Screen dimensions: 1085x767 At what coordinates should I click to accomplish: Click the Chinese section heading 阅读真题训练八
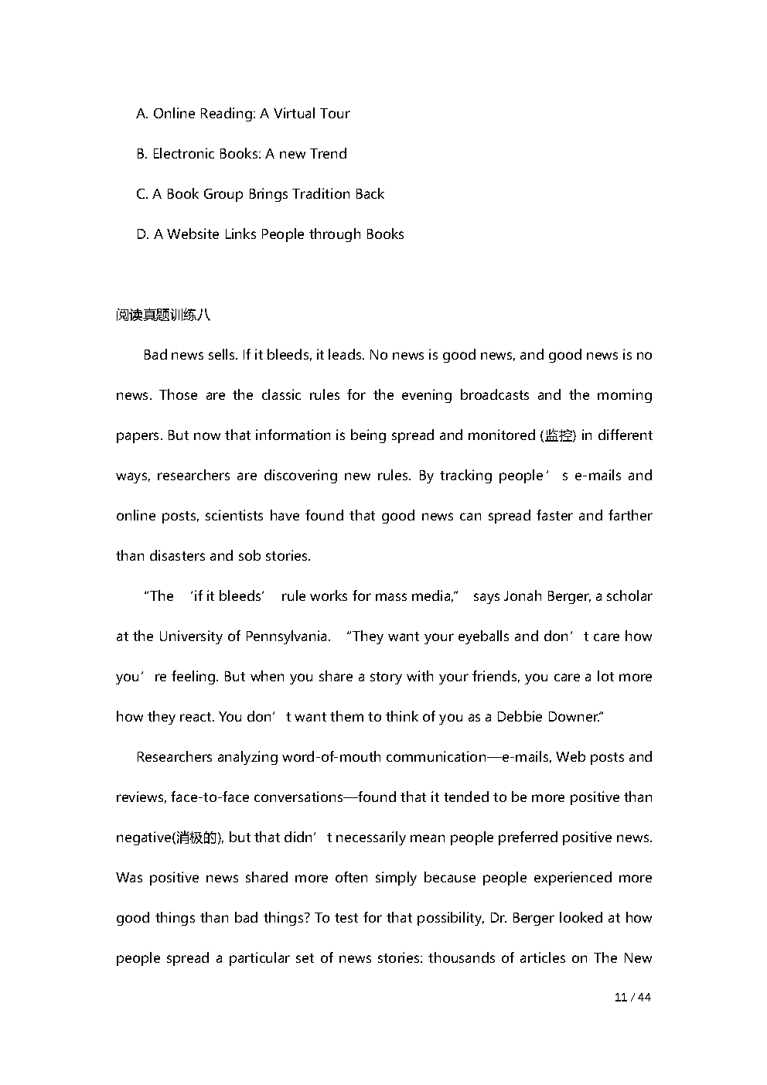point(162,315)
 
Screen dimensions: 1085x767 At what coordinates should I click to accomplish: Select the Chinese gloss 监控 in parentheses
point(558,435)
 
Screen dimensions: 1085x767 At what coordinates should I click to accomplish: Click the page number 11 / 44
point(632,998)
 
